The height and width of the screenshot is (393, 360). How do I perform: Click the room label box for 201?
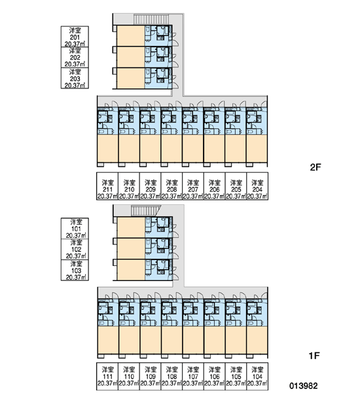pos(75,37)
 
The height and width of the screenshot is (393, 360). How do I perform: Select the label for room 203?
pos(75,78)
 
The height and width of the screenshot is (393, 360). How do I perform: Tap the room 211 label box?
pos(107,186)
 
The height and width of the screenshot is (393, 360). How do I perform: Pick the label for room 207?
pos(193,186)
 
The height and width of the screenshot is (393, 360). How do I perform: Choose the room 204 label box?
pos(257,186)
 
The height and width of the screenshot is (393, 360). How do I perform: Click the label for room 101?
pos(75,229)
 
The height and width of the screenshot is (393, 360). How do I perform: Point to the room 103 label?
pos(75,270)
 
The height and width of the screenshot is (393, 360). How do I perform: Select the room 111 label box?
pos(107,376)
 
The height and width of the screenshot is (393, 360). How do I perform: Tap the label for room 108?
pos(171,376)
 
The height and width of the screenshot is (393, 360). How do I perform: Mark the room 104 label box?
pos(257,376)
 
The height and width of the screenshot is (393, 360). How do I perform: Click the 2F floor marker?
pos(315,167)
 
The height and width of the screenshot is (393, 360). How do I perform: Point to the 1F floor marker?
pos(314,356)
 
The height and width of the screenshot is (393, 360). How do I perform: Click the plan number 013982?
pos(304,386)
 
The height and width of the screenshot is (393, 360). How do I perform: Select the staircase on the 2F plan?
pos(151,19)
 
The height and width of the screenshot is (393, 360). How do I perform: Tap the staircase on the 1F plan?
pos(146,210)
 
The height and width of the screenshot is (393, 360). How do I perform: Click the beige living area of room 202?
pos(131,57)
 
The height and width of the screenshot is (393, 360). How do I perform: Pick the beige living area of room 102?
pos(131,249)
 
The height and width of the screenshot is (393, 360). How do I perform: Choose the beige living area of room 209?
pos(150,149)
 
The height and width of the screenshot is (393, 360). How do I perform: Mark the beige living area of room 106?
pos(214,340)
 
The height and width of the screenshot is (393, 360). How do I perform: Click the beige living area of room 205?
pos(236,149)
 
